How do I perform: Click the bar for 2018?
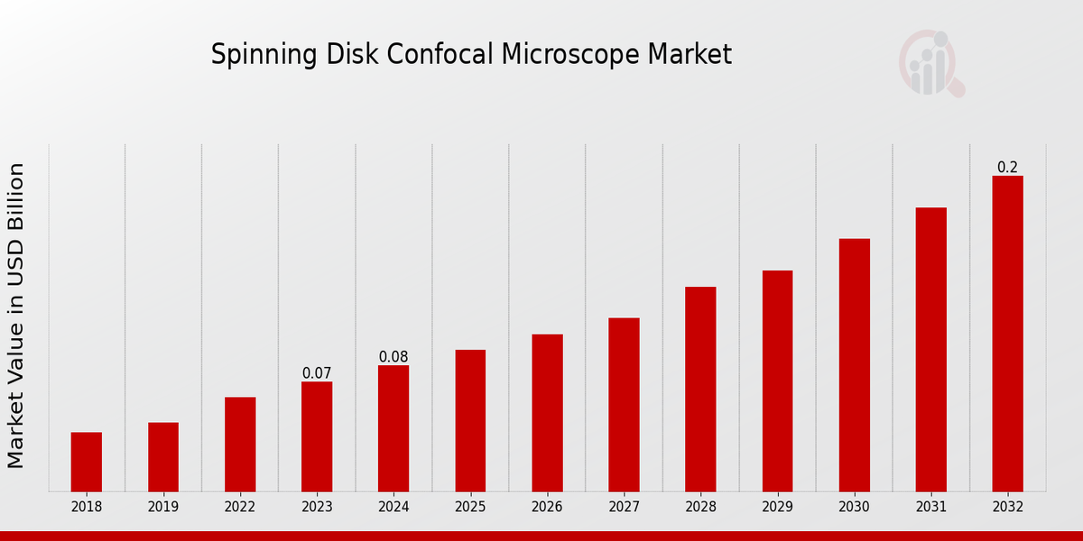point(87,462)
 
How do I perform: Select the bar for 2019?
point(163,457)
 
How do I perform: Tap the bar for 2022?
point(240,445)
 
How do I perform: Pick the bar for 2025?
point(470,420)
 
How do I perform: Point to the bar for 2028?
point(700,389)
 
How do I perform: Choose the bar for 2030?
point(854,365)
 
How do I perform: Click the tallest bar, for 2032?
point(1007,334)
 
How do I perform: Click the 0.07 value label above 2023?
point(317,373)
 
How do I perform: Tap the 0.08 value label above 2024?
point(393,357)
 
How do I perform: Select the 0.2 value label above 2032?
point(1007,168)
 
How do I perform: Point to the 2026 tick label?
point(547,508)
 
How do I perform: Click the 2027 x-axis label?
point(624,508)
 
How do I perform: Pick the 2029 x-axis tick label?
point(777,508)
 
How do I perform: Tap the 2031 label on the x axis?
point(930,508)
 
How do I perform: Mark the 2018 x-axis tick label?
point(87,508)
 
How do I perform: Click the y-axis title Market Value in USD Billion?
point(16,316)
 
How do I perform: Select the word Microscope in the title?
point(571,55)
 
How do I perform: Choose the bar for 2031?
point(930,350)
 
